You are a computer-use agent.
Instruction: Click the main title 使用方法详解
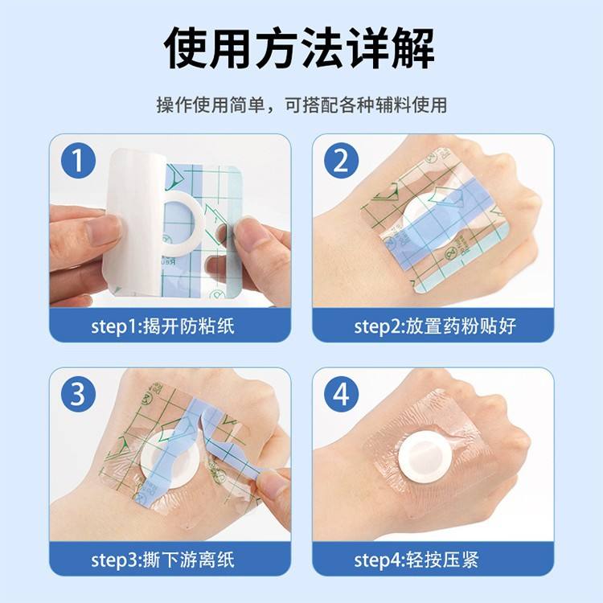(x=299, y=48)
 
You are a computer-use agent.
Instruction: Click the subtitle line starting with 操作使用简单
(x=301, y=105)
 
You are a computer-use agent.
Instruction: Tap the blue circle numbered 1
(x=79, y=160)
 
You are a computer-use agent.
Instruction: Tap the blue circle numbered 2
(x=342, y=160)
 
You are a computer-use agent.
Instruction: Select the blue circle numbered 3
(x=79, y=394)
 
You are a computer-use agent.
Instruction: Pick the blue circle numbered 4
(x=342, y=394)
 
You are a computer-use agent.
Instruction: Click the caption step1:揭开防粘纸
(x=162, y=326)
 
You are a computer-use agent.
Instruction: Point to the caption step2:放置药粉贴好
(x=435, y=326)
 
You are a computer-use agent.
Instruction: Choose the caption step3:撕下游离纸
(x=162, y=560)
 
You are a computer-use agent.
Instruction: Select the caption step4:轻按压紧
(x=416, y=560)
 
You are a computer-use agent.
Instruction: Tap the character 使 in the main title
(x=187, y=48)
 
